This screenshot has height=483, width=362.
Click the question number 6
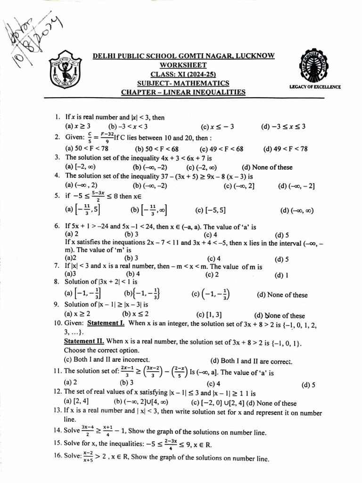(x=57, y=227)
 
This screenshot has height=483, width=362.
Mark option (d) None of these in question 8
(x=282, y=295)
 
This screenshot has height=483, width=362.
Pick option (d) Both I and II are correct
(x=251, y=361)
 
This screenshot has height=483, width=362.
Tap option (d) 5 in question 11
(x=309, y=384)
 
